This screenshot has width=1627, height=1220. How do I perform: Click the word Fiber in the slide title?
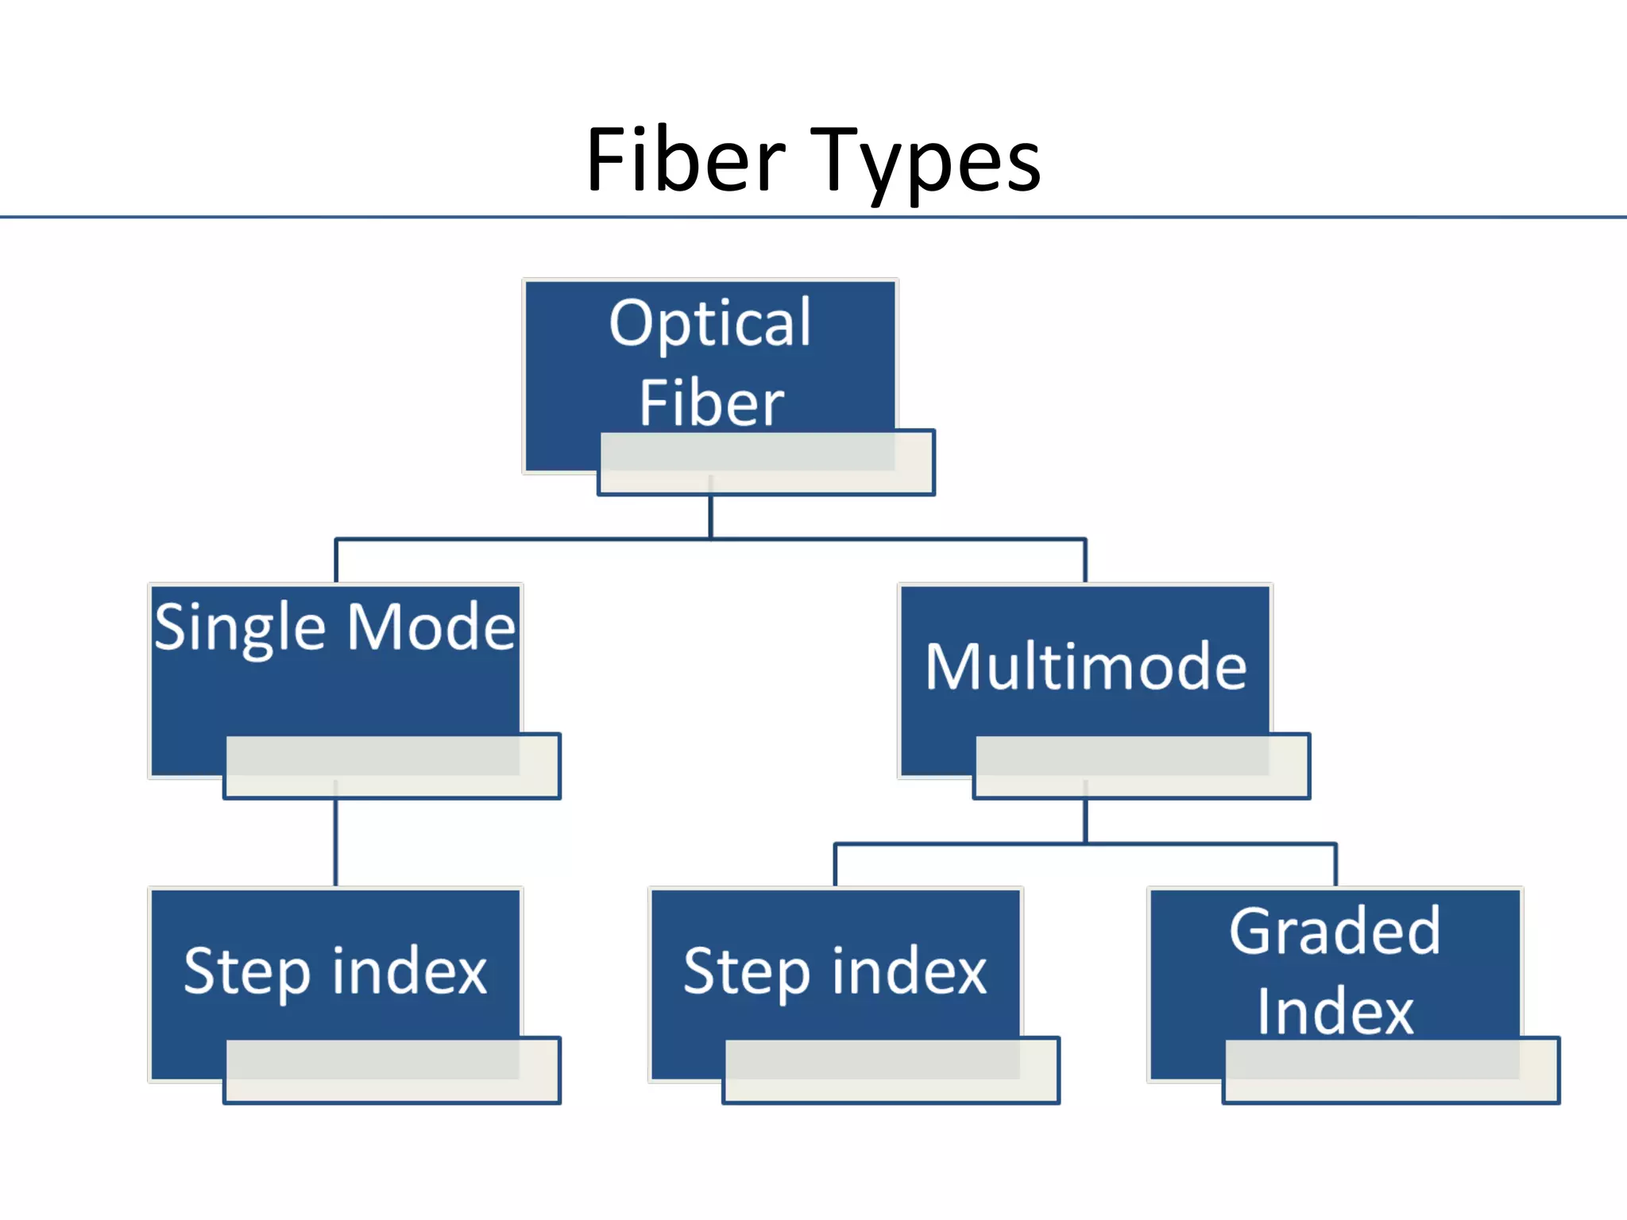click(x=686, y=161)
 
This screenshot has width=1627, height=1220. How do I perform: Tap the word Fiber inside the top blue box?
click(x=711, y=403)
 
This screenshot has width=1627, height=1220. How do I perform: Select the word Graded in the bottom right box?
click(x=1335, y=931)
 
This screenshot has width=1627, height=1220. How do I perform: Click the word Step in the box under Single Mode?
click(x=246, y=971)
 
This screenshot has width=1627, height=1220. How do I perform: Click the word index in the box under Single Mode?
click(x=409, y=971)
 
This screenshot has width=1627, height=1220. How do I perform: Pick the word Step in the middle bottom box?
click(x=746, y=971)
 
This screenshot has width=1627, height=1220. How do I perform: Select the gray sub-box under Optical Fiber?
click(x=766, y=463)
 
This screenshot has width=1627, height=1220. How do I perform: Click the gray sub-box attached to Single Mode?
click(x=392, y=766)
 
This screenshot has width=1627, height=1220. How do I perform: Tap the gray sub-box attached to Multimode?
click(x=1141, y=766)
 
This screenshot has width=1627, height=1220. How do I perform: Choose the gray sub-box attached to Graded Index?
click(x=1391, y=1070)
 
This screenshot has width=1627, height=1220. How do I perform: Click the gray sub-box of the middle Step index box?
click(x=891, y=1070)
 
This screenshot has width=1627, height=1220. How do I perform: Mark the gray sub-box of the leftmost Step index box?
click(x=392, y=1070)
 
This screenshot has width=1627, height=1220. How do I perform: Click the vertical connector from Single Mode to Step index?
click(x=335, y=842)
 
